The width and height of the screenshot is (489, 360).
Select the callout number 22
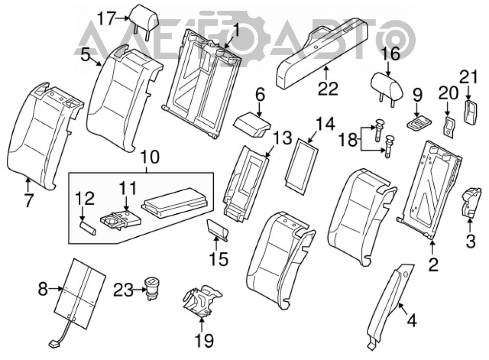[x=328, y=89]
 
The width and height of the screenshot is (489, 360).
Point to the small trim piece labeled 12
[x=88, y=228]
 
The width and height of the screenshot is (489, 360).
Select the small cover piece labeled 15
[x=218, y=230]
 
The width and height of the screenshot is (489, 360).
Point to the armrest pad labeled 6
[x=252, y=125]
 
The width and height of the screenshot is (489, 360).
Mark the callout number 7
[x=28, y=200]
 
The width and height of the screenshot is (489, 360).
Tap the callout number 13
[x=283, y=138]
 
